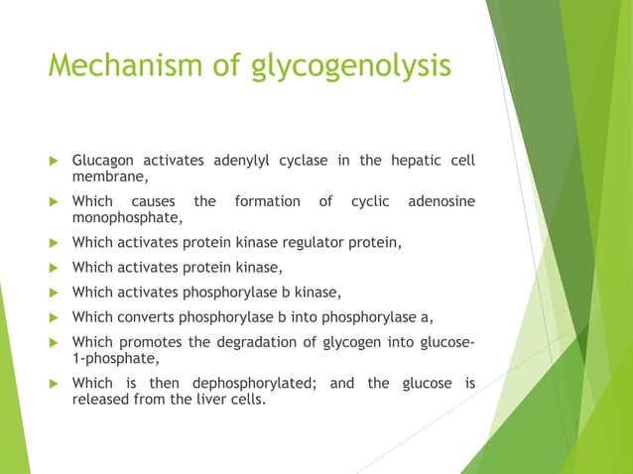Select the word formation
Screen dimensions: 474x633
[x=267, y=201]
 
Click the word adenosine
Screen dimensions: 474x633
[x=442, y=201]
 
